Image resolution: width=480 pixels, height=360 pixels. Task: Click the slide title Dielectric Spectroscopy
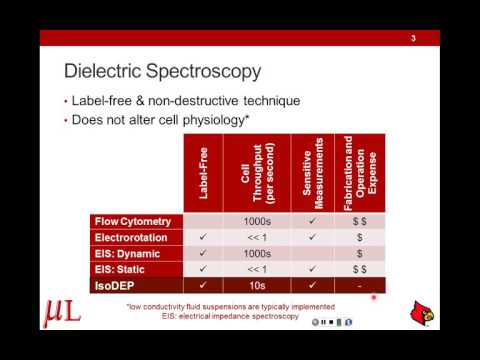click(x=162, y=71)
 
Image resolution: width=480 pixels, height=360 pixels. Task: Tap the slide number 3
click(x=413, y=39)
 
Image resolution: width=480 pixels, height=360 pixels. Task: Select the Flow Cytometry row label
click(x=132, y=221)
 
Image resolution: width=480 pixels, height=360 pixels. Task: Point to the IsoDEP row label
click(x=116, y=287)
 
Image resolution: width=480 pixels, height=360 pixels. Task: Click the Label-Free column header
click(x=204, y=171)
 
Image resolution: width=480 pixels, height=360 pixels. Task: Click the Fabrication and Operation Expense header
click(x=358, y=171)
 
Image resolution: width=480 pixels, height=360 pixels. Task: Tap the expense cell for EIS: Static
click(x=358, y=270)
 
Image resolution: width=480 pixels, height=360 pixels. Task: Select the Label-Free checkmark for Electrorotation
click(x=204, y=238)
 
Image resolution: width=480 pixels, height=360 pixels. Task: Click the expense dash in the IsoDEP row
click(x=358, y=287)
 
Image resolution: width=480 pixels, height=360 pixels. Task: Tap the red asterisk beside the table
click(x=374, y=297)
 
